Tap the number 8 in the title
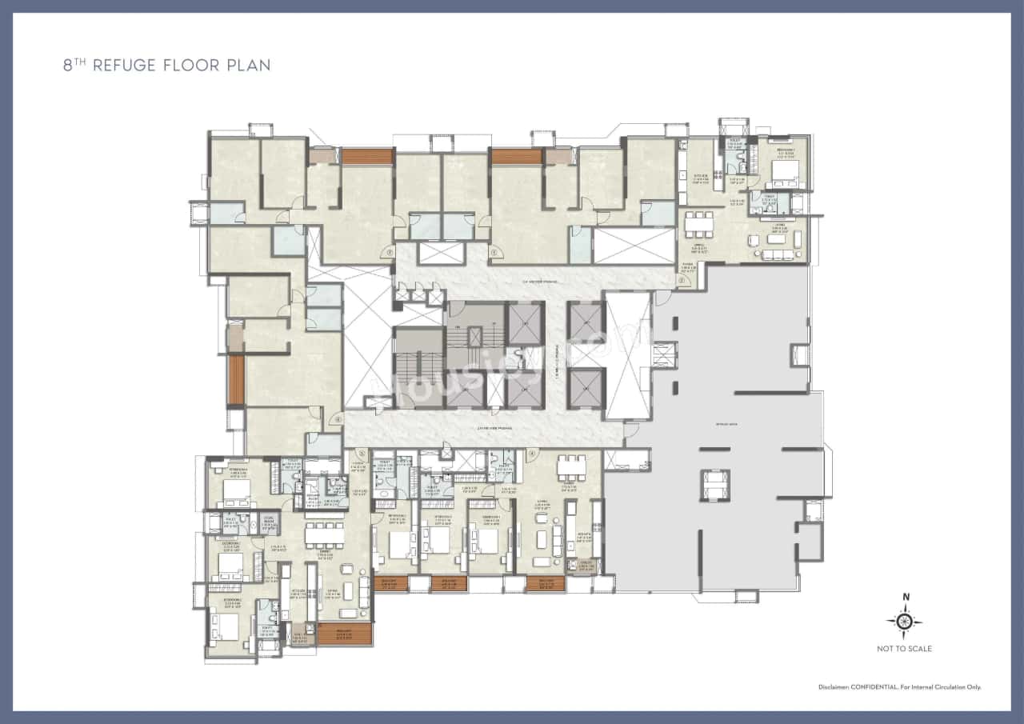[x=68, y=66]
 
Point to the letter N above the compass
[x=906, y=597]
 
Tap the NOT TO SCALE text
[x=905, y=649]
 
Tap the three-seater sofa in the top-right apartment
[x=776, y=254]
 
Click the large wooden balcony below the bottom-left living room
[x=344, y=634]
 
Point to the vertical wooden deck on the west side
[x=235, y=380]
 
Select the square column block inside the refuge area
[x=715, y=484]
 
